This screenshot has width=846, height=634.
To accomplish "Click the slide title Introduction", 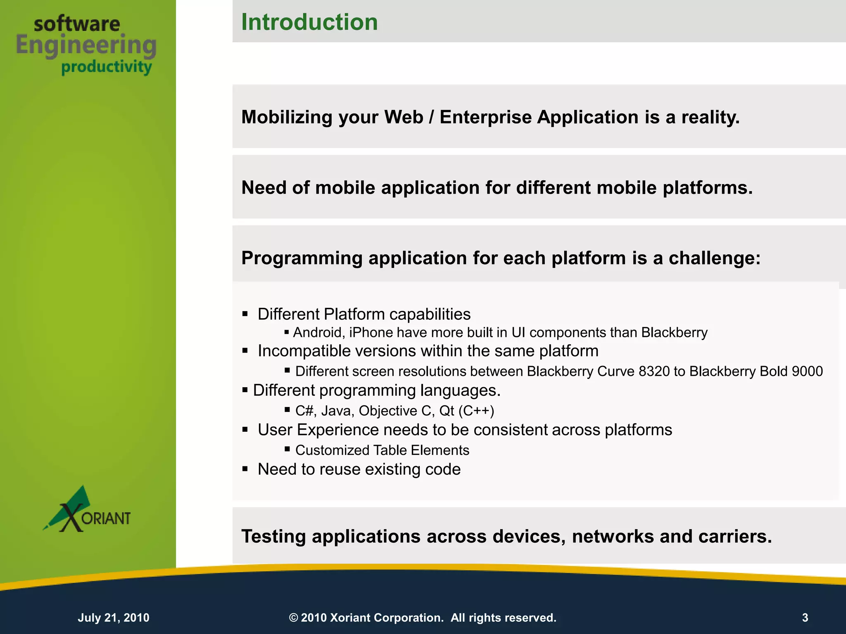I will (309, 22).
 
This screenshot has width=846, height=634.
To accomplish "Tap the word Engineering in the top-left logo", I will (86, 45).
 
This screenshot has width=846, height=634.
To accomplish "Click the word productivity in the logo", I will (107, 67).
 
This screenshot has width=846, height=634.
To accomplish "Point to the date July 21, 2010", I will (114, 617).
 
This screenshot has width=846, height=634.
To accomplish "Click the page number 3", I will (805, 617).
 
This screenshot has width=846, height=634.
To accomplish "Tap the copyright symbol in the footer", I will (293, 617).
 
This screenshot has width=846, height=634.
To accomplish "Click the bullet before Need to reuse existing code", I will (245, 469).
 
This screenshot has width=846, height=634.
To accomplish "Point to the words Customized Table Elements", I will (382, 450).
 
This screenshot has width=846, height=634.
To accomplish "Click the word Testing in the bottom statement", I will (273, 537).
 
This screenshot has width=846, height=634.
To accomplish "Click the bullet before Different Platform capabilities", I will (245, 314).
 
